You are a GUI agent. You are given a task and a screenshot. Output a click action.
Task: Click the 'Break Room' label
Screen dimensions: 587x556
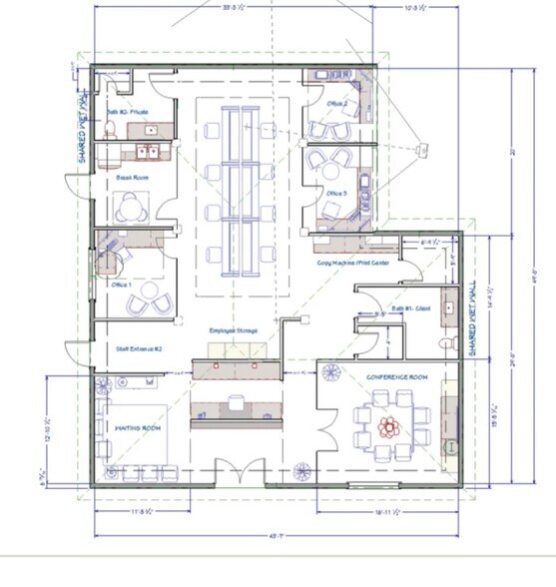126,178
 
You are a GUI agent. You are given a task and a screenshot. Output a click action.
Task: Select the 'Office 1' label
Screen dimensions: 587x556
122,283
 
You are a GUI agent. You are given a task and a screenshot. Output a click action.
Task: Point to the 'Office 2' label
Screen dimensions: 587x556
336,103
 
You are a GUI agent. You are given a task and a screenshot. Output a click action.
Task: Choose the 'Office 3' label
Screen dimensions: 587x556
336,194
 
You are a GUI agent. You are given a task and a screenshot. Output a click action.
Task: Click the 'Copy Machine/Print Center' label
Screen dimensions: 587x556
352,263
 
